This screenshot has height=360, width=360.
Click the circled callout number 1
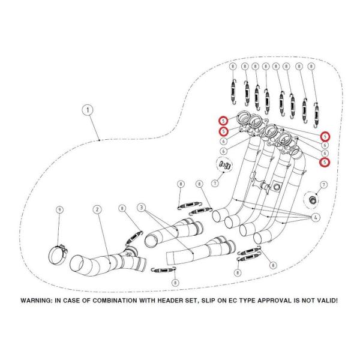(x=88, y=110)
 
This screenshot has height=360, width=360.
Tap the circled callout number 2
(x=96, y=209)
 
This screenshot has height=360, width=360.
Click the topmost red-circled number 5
(x=223, y=120)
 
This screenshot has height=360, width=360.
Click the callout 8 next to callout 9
(x=122, y=209)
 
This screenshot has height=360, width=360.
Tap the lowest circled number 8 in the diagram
(x=175, y=282)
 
